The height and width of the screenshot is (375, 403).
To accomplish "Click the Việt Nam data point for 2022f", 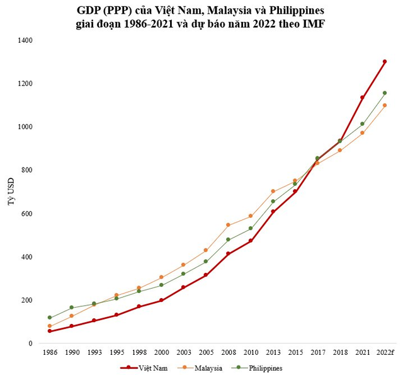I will [x=384, y=62].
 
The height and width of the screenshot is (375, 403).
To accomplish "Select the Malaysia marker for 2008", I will [x=228, y=225].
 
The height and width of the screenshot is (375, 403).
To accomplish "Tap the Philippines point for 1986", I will [x=50, y=318].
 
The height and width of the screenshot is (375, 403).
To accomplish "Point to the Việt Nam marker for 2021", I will [x=362, y=98].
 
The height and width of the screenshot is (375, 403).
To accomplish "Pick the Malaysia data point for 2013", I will [x=273, y=191].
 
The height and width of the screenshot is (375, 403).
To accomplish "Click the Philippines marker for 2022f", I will [x=384, y=93].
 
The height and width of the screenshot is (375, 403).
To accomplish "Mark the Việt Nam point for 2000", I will [x=161, y=300].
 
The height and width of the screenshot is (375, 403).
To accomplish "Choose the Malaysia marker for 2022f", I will [x=384, y=105].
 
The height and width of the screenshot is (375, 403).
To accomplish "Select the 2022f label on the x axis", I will [x=384, y=351].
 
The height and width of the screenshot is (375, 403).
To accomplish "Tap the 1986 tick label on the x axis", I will [x=50, y=351].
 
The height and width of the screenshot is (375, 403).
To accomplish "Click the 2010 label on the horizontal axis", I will [x=250, y=351].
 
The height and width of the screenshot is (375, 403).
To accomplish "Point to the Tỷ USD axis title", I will [x=11, y=192].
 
